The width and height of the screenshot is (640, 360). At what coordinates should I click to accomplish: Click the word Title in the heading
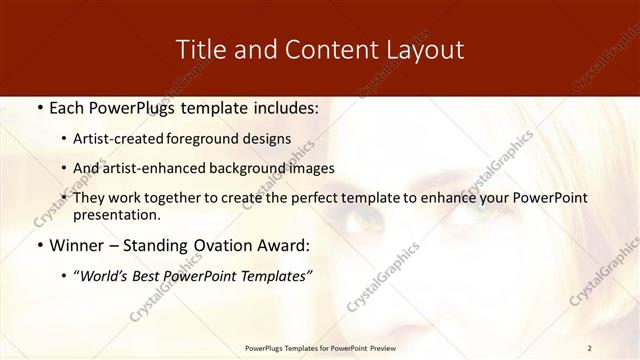click(201, 49)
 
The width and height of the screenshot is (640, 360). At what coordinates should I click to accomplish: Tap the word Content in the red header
click(322, 49)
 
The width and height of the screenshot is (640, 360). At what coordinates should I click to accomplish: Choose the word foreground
click(215, 139)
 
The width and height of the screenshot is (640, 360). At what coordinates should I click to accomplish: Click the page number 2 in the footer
click(590, 348)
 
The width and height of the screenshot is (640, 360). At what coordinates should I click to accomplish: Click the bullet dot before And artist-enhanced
click(65, 168)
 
